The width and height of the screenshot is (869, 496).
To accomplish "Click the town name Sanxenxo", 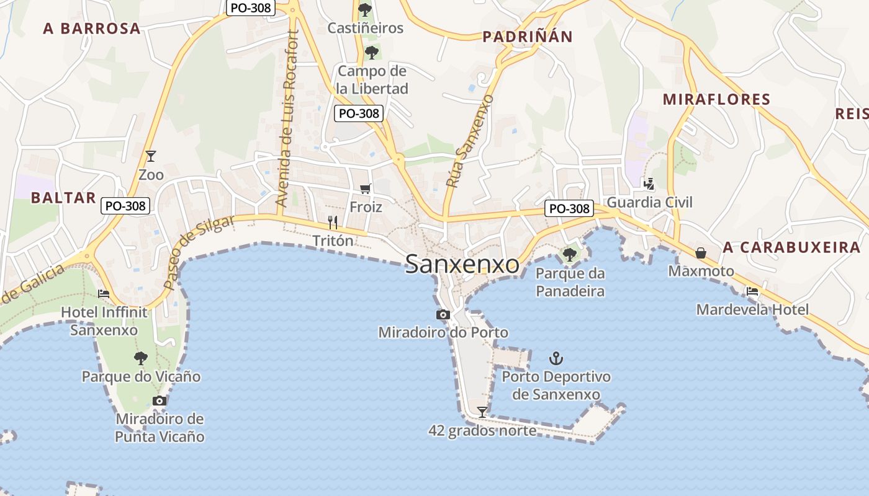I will pos(462,265).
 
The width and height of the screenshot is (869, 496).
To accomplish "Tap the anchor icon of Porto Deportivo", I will pos(556,358).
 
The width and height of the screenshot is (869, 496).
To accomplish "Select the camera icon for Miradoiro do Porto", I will pos(443,315).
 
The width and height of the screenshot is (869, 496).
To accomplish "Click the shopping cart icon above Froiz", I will pos(366,188).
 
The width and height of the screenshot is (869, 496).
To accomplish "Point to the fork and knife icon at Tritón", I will pos(333,222).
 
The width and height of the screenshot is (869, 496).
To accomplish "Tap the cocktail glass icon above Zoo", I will pos(151,156).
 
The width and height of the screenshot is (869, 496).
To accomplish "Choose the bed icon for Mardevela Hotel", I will pos(752,291).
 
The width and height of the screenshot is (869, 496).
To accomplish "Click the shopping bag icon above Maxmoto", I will pos(701,253).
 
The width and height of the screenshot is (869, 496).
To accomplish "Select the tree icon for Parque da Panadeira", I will pos(569,254).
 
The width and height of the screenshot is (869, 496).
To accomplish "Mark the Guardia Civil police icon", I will pos(649,184).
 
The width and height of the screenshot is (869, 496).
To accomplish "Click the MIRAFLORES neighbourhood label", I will pos(716,99).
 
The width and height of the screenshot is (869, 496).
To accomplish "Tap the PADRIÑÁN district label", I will pos(527,37).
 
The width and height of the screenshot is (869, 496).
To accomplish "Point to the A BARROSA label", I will pos(92,29).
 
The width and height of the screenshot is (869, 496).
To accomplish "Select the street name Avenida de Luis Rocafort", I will pos(289,118).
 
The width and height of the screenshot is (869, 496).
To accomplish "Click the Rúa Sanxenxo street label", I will pos(469,141).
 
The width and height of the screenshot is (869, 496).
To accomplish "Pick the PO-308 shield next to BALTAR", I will pos(125,206).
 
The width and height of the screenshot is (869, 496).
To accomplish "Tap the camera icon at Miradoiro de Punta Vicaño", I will pos(160,401).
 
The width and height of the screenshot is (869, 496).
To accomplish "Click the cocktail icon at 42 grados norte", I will pos(482,412).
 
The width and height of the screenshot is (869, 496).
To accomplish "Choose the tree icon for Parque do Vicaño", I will pos(141,358).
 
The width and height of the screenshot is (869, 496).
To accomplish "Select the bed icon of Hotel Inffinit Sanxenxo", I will pos(104,293).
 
